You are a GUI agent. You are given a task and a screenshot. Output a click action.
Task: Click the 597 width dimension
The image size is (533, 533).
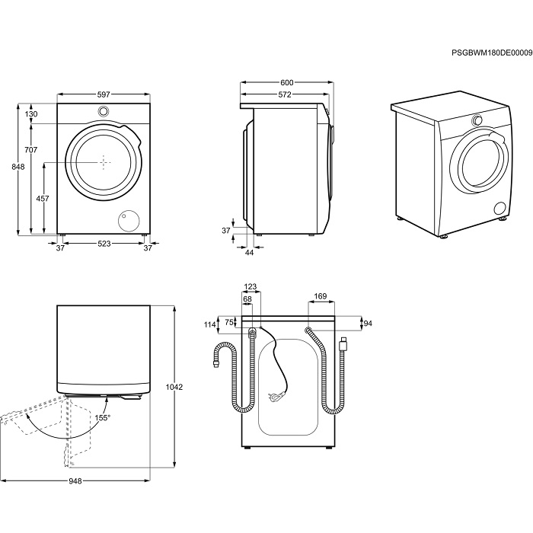(104, 94)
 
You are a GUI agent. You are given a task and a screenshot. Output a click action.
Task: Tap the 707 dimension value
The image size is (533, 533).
(31, 149)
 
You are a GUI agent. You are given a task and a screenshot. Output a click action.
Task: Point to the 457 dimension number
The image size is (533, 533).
(43, 199)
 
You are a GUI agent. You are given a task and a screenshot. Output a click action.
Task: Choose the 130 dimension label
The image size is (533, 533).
(31, 114)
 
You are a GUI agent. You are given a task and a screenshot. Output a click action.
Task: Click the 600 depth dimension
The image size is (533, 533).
(286, 82)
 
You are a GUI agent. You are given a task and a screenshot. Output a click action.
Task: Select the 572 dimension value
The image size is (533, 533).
(284, 94)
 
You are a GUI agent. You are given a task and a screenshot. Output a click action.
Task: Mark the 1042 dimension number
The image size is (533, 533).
(174, 387)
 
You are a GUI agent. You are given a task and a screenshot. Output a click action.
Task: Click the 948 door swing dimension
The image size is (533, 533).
(75, 480)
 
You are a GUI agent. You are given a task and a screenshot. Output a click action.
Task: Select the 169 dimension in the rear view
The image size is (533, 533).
(321, 297)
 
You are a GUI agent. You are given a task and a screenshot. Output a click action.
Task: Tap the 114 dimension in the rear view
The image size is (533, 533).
(210, 325)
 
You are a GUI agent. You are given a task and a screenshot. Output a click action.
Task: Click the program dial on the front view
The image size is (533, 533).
(103, 112)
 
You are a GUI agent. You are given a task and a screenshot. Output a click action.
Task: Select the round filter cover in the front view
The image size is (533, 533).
(126, 220)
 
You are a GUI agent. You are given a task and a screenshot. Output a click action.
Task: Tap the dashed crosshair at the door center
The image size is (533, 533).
(104, 161)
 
